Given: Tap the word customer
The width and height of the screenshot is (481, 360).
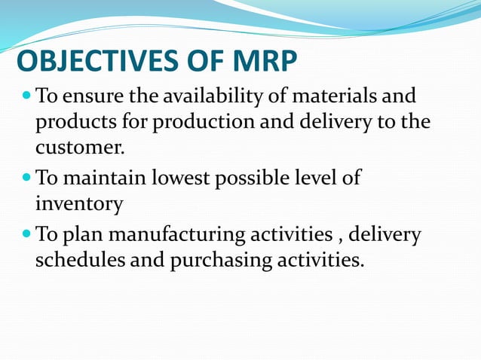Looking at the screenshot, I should (78, 146).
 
